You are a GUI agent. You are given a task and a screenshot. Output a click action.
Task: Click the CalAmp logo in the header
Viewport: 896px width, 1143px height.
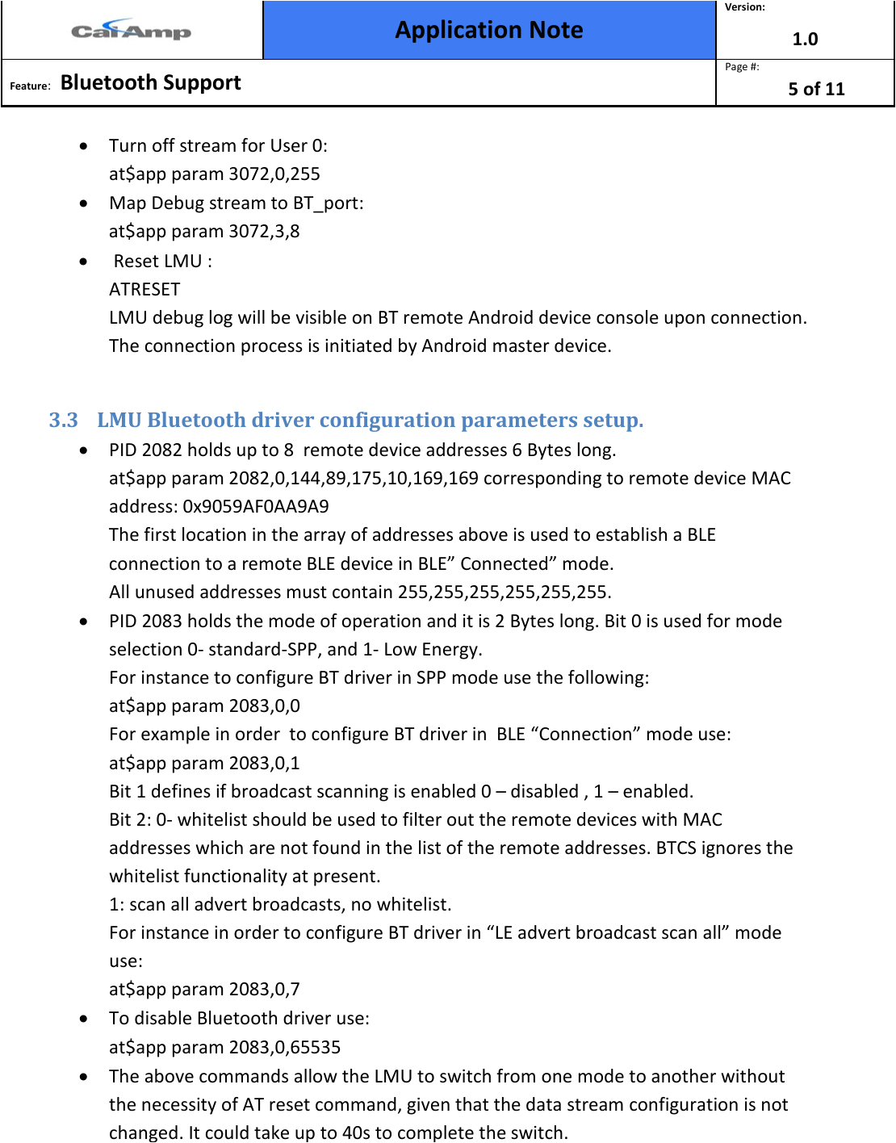131,31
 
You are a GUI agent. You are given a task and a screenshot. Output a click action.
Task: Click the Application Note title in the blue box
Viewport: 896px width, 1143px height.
488,30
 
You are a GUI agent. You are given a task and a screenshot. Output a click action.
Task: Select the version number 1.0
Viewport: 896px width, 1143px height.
805,39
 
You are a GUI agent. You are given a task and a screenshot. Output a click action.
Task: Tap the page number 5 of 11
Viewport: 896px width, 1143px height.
816,89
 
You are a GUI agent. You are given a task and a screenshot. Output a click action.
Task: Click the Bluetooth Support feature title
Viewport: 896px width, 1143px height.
150,82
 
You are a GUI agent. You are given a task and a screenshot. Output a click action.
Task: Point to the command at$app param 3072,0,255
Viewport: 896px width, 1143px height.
215,174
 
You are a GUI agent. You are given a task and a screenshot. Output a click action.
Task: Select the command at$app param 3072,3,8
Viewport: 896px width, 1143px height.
204,232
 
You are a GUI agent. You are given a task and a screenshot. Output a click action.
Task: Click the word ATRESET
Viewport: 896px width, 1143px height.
144,289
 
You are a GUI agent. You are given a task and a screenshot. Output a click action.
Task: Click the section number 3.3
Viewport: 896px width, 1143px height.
63,421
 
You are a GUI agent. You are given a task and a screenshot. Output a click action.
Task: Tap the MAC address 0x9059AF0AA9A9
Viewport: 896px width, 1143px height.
256,507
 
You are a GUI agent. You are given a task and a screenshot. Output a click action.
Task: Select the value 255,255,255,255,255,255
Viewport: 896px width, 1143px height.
503,592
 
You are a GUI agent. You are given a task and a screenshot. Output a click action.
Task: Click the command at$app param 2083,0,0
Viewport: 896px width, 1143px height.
204,706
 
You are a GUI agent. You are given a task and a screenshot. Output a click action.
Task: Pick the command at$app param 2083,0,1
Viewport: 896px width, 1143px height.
204,764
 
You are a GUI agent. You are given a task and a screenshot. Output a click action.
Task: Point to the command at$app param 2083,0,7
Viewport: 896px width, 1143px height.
204,990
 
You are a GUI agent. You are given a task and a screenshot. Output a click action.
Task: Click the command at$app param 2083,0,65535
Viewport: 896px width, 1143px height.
224,1048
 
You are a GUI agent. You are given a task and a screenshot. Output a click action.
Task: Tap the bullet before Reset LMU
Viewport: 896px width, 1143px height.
84,262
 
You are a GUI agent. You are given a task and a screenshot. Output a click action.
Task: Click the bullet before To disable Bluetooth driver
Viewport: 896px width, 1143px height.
84,1019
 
